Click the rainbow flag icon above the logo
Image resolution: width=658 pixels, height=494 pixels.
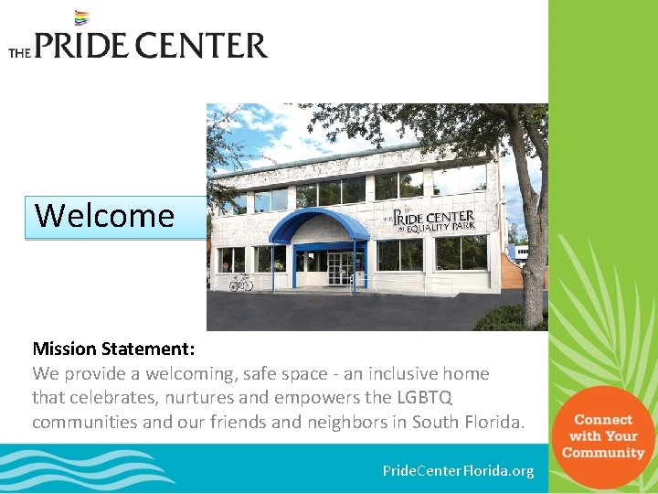81,17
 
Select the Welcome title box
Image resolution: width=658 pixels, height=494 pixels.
115,217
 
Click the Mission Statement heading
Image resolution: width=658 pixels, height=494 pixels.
113,349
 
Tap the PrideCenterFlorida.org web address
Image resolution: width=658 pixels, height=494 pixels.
458,470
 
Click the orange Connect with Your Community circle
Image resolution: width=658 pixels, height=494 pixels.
602,436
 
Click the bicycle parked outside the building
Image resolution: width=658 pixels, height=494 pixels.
240,283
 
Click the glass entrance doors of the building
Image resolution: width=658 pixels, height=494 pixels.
339,267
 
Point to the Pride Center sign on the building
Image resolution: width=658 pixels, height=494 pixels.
441,221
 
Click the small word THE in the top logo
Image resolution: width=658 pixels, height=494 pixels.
19,53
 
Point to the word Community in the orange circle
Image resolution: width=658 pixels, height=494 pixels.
603,453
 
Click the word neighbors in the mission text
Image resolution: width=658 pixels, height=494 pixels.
353,422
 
